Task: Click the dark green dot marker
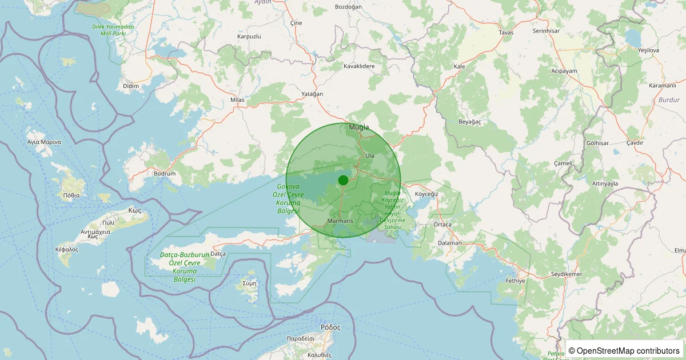tap(343, 180)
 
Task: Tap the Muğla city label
tap(358, 127)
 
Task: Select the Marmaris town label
tap(341, 221)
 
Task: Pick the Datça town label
tap(218, 253)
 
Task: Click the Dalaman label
tap(449, 243)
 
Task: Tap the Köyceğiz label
tap(426, 194)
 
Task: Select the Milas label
tap(237, 100)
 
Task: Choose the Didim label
tap(131, 86)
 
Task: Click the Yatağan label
tap(312, 94)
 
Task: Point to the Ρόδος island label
tap(330, 327)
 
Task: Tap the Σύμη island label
tap(250, 283)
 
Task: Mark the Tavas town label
tap(506, 33)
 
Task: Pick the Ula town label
tap(369, 155)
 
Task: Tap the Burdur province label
tap(669, 99)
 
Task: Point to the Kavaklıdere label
tap(359, 66)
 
